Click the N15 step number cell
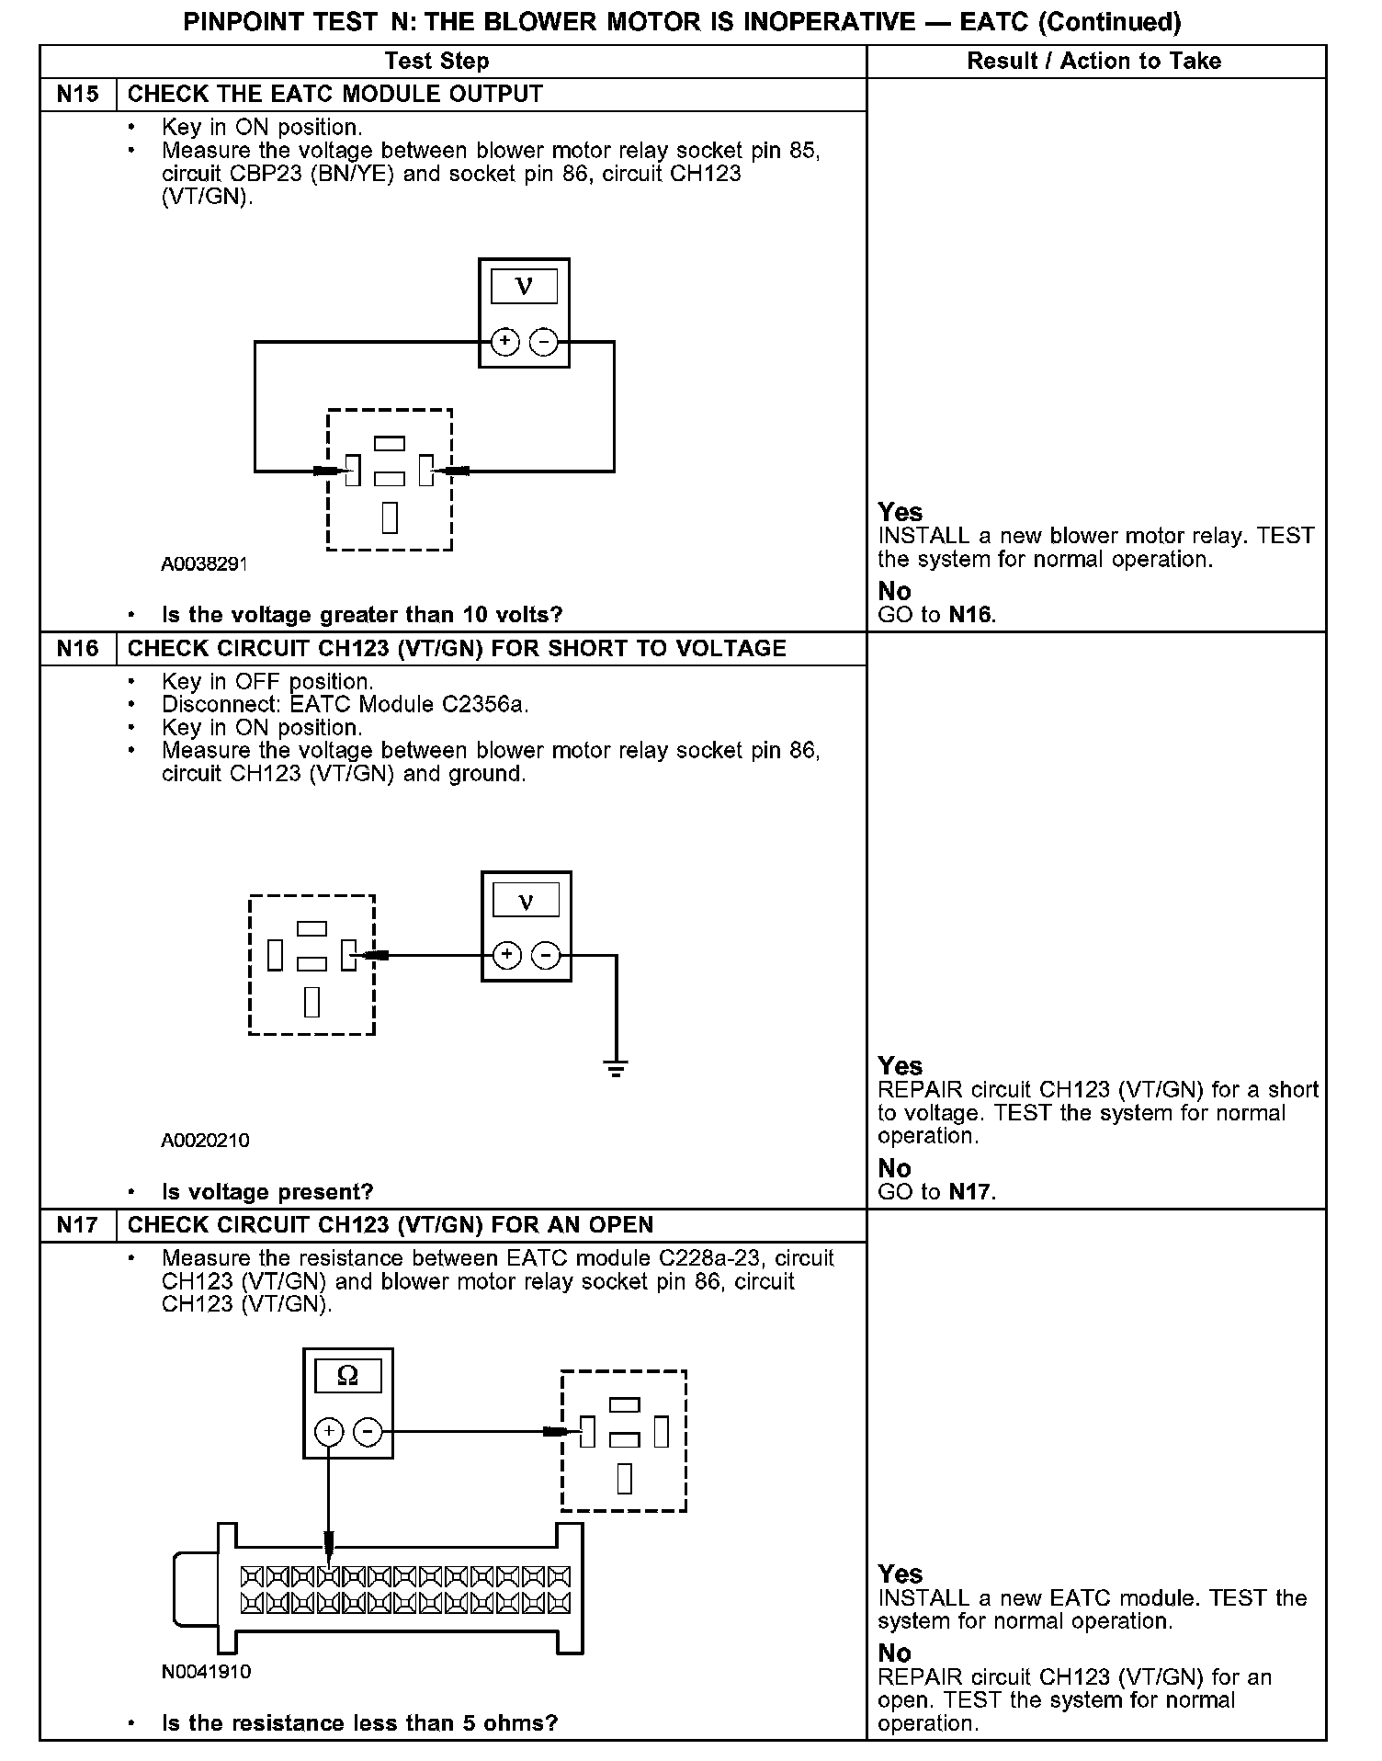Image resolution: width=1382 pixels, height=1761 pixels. (x=78, y=95)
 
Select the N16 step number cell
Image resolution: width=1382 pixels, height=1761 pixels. (x=78, y=649)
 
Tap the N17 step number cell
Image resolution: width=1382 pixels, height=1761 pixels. (x=78, y=1225)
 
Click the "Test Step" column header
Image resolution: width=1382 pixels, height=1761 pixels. (x=436, y=62)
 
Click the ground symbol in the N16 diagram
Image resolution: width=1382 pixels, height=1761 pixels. (x=616, y=1068)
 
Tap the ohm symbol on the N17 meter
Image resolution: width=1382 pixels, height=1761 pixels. (x=347, y=1376)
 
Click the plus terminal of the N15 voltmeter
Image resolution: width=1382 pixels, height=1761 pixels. (x=504, y=343)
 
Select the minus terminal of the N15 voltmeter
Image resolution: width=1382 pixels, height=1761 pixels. (x=544, y=343)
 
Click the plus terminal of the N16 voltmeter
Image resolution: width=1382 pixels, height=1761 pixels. (x=507, y=956)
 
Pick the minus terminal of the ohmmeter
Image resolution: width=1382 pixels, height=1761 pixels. (x=368, y=1431)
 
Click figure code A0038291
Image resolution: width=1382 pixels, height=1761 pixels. (x=204, y=564)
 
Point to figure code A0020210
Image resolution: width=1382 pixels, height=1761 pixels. (x=205, y=1141)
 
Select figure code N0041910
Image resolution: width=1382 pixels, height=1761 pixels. (x=206, y=1671)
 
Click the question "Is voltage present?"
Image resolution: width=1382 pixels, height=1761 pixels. (x=267, y=1192)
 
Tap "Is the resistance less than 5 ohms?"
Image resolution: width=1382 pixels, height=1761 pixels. (x=359, y=1722)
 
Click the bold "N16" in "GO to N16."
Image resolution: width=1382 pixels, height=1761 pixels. (x=970, y=615)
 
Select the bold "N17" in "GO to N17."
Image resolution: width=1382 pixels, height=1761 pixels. (x=970, y=1192)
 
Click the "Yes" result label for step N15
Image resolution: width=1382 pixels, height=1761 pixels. (x=900, y=512)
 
